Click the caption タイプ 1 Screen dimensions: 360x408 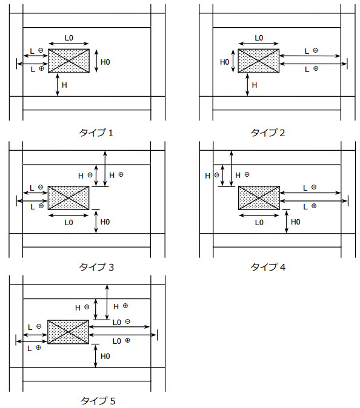coord(96,133)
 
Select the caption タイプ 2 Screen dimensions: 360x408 coord(267,133)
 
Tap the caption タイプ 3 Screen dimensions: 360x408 coord(96,267)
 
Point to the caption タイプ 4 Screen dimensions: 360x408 coord(268,267)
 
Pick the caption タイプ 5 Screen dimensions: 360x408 coord(98,401)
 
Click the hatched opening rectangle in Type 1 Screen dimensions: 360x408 coord(68,61)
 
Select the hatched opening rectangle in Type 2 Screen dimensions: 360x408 coord(259,61)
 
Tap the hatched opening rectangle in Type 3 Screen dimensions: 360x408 coord(68,198)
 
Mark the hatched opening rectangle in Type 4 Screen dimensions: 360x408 coord(259,198)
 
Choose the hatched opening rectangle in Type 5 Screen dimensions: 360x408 coord(68,332)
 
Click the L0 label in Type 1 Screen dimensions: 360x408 coord(69,38)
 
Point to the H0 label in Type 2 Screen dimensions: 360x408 coord(224,62)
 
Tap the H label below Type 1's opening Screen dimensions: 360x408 coord(64,85)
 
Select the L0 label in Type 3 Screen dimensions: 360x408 coord(68,223)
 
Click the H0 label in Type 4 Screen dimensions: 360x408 coord(296,222)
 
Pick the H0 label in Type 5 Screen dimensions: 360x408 coord(105,356)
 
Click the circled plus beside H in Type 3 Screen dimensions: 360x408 coord(121,174)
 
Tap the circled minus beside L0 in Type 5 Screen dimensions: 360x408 coord(127,321)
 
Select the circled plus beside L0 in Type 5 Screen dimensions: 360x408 coord(128,340)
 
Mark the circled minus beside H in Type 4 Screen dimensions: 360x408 coord(216,175)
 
